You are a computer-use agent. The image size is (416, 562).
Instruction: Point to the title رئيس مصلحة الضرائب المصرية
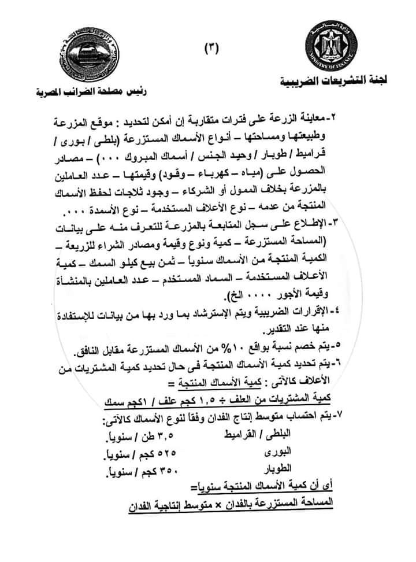91,91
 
